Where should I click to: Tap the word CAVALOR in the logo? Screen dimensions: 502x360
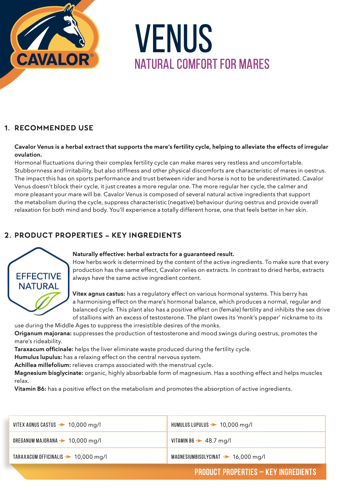53,59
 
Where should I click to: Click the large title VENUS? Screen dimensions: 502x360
174,39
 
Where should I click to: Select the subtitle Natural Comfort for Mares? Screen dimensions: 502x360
202,64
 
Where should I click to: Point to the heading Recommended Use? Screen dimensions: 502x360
54,128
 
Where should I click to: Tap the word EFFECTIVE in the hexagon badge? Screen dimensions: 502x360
39,276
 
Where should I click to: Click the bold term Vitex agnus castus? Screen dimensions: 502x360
99,294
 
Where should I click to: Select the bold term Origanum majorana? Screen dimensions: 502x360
43,333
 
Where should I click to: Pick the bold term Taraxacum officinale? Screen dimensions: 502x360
44,349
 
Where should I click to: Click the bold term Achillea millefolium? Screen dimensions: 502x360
42,365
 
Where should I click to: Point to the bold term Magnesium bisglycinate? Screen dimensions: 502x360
49,373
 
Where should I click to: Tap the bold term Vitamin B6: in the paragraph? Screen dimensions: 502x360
30,389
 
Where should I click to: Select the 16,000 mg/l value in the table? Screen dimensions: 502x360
249,457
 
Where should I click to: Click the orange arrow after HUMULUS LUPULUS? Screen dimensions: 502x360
213,425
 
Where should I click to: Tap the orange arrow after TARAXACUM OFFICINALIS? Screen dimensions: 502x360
68,457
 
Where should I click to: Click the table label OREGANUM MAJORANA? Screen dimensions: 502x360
35,441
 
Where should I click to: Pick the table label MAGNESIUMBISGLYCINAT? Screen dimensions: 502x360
195,457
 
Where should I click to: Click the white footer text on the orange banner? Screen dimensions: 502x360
255,472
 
